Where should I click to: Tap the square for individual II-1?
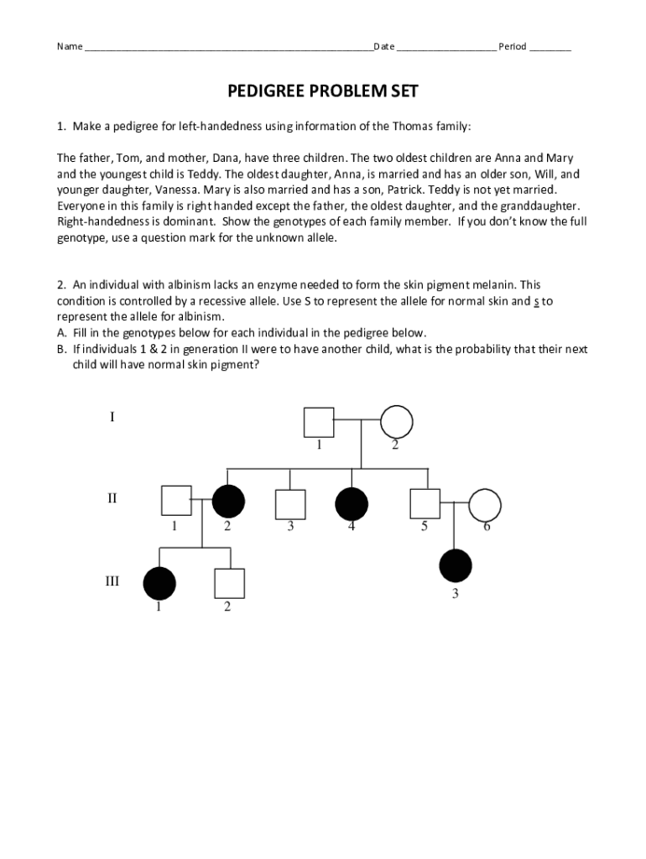176,502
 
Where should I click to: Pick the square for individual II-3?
290,503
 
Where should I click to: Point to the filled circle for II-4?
352,503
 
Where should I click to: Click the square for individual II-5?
425,503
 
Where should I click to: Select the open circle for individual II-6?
485,504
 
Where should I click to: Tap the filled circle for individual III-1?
159,583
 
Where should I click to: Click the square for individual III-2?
228,583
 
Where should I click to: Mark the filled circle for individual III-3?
456,565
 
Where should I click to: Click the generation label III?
112,580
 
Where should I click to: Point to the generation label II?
112,498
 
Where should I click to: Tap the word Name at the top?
70,46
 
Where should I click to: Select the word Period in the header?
512,46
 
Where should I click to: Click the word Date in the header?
384,46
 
